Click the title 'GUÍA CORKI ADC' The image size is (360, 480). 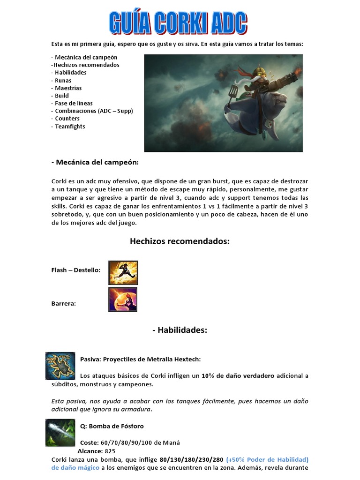click(178, 22)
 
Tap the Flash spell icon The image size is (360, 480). click(123, 273)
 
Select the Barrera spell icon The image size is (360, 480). click(123, 300)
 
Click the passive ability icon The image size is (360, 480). click(60, 366)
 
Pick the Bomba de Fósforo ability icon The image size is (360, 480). click(60, 432)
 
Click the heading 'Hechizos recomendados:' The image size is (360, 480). click(180, 241)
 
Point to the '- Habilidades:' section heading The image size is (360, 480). click(180, 330)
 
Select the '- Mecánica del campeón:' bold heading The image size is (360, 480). click(95, 162)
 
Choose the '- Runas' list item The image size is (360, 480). click(61, 80)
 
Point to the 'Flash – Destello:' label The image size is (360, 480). click(75, 270)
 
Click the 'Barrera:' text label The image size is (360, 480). click(63, 303)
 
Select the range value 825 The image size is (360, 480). click(110, 451)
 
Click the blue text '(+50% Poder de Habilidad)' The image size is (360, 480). click(267, 459)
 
